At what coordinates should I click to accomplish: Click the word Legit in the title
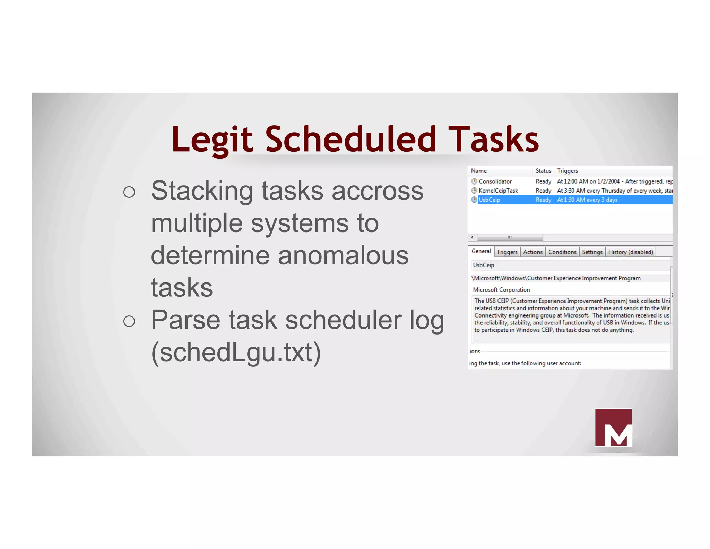pos(212,140)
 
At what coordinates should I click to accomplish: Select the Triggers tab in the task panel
pos(507,252)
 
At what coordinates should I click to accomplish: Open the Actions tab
pos(532,252)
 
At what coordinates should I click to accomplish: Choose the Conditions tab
pos(562,252)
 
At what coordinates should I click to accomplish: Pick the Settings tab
pos(592,252)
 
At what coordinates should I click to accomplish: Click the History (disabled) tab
pos(630,252)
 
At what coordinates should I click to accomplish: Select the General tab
pos(481,251)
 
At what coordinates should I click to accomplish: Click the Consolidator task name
pos(495,181)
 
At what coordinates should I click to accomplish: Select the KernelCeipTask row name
pos(498,191)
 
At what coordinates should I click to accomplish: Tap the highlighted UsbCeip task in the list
pos(489,200)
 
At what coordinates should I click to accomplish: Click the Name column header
pos(479,171)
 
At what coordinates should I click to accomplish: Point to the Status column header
pos(543,171)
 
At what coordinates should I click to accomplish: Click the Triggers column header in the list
pos(567,171)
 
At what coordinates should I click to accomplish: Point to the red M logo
pos(613,428)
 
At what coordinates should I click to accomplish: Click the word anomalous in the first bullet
pos(343,255)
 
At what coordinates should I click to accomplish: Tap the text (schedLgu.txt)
pos(236,352)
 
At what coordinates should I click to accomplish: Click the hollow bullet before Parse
pos(129,321)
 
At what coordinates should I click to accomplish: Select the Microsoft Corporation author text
pos(501,290)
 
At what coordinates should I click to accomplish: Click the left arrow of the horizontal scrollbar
pos(472,237)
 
